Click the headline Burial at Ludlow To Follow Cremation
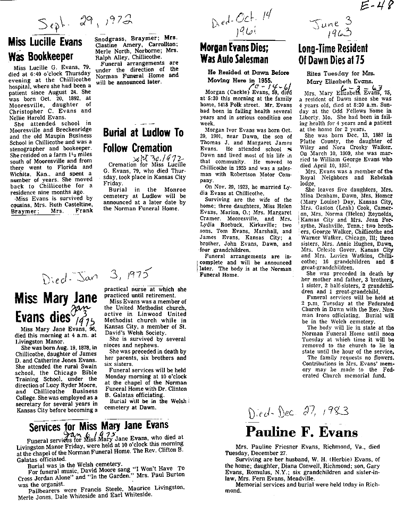point(144,140)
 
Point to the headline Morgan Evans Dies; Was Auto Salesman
point(234,53)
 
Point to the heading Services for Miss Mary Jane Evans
point(98,425)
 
